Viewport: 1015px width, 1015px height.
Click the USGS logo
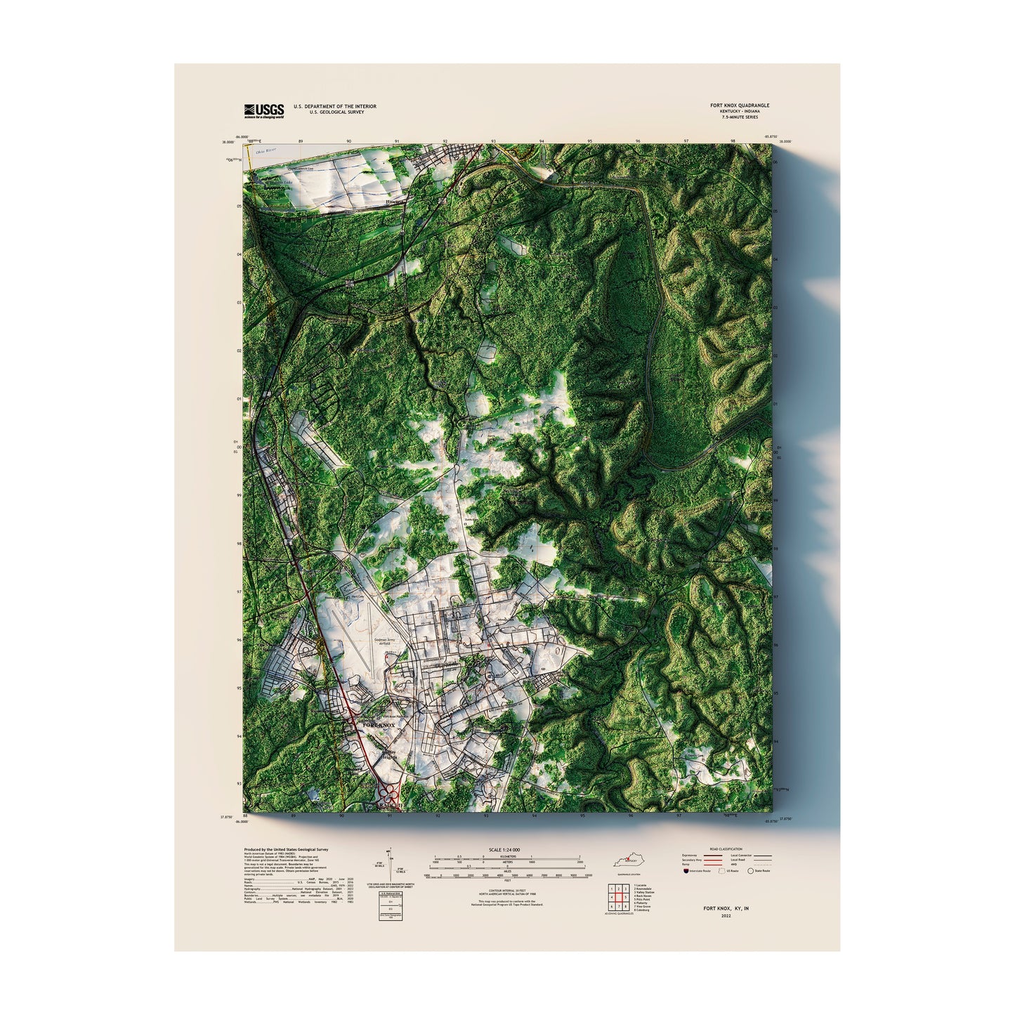pos(264,110)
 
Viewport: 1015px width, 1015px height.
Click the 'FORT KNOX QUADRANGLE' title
pos(740,106)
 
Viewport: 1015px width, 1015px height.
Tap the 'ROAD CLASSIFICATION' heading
pos(726,849)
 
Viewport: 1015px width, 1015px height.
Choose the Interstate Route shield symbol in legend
pos(686,871)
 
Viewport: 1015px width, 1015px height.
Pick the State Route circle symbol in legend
pos(750,871)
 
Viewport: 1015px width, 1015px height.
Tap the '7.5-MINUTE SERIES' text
pos(740,117)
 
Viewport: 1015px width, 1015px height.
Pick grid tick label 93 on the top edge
pos(493,141)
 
